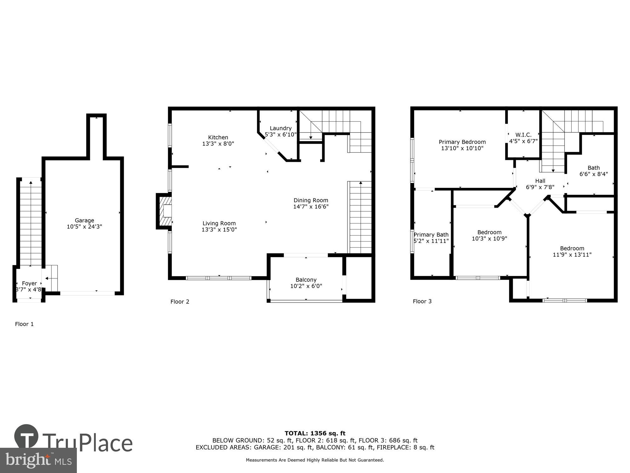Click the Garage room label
pyautogui.click(x=84, y=220)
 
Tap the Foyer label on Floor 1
pyautogui.click(x=29, y=283)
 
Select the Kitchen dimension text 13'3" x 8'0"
pyautogui.click(x=218, y=144)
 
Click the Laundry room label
pyautogui.click(x=280, y=128)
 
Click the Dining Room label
pyautogui.click(x=311, y=200)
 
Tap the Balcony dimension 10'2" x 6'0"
pyautogui.click(x=306, y=286)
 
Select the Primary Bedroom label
pyautogui.click(x=462, y=142)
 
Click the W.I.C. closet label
pyautogui.click(x=523, y=135)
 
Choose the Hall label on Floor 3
pyautogui.click(x=540, y=181)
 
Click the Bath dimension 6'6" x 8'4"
pyautogui.click(x=593, y=174)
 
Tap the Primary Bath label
pyautogui.click(x=431, y=235)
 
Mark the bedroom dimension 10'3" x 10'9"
pyautogui.click(x=489, y=239)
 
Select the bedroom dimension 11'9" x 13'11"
pyautogui.click(x=572, y=255)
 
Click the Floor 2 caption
pyautogui.click(x=180, y=302)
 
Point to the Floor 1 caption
pyautogui.click(x=24, y=324)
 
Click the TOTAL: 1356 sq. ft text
pyautogui.click(x=315, y=433)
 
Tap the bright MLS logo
pyautogui.click(x=38, y=460)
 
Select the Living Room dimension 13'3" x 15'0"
pyautogui.click(x=219, y=230)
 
